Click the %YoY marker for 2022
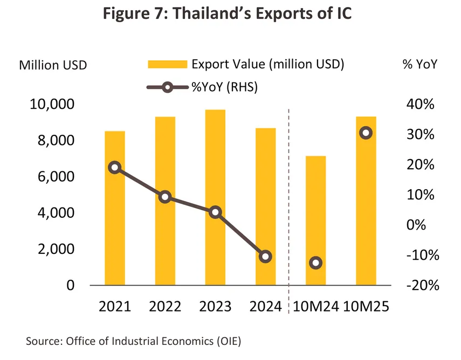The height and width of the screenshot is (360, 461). tap(165, 197)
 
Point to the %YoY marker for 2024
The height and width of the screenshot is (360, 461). tap(265, 257)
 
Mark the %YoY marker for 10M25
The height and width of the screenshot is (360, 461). tap(366, 133)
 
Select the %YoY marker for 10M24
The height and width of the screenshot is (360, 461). tap(316, 263)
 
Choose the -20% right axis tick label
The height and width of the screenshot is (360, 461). tap(417, 286)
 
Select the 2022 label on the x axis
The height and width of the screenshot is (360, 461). tap(165, 307)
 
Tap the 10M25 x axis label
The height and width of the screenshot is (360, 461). tap(367, 307)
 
